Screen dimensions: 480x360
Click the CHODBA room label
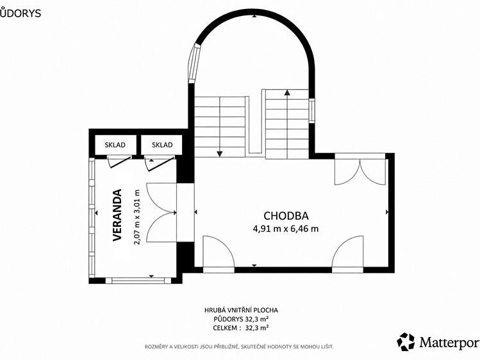tap(286, 216)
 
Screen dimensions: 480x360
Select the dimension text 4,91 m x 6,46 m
tap(286, 229)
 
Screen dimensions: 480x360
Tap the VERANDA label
tap(117, 215)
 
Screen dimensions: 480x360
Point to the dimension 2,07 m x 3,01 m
tap(137, 217)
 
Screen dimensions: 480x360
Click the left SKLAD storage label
tap(115, 145)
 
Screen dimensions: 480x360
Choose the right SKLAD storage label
tap(162, 145)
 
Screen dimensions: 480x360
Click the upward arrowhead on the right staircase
tap(287, 92)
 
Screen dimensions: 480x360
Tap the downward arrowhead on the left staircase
tap(219, 154)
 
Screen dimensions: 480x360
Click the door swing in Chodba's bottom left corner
tap(219, 252)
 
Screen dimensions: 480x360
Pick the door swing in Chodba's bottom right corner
tap(348, 252)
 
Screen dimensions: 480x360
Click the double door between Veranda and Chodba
tap(161, 213)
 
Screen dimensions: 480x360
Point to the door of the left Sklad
tap(120, 161)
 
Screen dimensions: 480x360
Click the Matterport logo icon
tap(406, 341)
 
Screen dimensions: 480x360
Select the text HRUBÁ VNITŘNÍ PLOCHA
tap(241, 310)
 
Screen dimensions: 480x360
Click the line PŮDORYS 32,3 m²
tap(241, 319)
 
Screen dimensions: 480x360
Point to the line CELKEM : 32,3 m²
tap(241, 328)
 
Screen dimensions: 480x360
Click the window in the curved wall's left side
tap(194, 63)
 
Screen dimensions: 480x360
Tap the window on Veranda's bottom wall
tap(138, 280)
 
